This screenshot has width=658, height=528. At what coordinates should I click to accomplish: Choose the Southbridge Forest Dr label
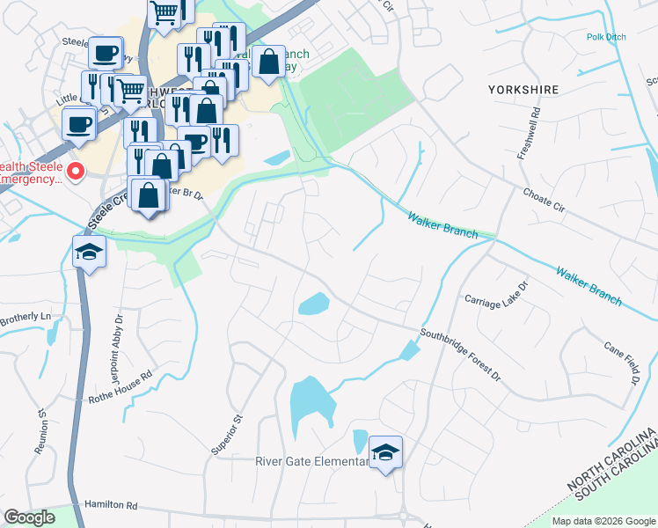coord(459,354)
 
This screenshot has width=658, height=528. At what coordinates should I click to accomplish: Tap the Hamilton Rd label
coord(112,506)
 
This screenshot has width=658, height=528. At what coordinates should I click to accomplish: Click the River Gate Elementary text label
coord(312,462)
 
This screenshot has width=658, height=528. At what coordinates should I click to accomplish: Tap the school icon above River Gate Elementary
coord(385,452)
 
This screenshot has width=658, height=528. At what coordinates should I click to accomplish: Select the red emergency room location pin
coord(77,171)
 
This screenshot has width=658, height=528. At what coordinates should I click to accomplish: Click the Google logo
coord(30,517)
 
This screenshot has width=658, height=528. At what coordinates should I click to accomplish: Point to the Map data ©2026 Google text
coord(603,521)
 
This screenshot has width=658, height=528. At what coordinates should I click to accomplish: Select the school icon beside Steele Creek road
coord(88,253)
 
